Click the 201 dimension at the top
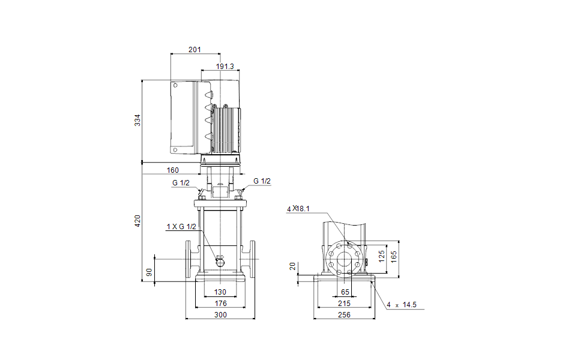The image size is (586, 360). click(195, 49)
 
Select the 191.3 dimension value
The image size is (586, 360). click(225, 66)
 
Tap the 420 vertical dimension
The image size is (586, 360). click(137, 220)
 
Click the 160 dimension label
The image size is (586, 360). click(172, 170)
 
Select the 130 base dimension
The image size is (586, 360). click(220, 292)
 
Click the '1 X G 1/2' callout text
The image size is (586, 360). click(181, 226)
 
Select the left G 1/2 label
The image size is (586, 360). click(181, 182)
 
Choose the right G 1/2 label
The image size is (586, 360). click(262, 181)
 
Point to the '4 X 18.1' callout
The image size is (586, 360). click(298, 208)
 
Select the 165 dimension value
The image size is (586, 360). click(393, 255)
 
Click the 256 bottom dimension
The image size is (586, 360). click(344, 314)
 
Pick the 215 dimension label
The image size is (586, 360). click(344, 303)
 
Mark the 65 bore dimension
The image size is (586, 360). click(345, 292)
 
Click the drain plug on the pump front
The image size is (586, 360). click(220, 260)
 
